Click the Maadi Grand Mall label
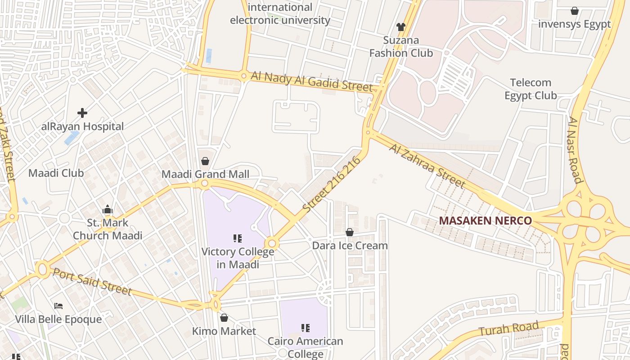point(205,174)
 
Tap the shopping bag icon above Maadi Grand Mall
point(205,161)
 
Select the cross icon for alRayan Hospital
point(82,112)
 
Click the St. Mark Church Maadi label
point(108,229)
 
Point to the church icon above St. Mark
point(107,209)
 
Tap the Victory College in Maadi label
point(238,258)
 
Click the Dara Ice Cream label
point(350,246)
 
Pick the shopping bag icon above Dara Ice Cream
point(350,232)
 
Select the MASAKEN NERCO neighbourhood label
point(486,221)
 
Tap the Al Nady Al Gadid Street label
point(311,82)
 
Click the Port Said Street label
point(92,282)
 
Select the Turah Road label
point(508,329)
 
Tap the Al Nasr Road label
point(575,150)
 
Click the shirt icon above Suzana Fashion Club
point(401,27)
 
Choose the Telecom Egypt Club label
point(531,89)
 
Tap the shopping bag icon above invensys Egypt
point(575,11)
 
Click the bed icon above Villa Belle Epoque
point(58,306)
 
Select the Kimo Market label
point(224,331)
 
